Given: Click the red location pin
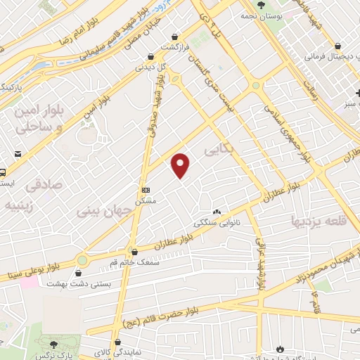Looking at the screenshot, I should pos(181,165).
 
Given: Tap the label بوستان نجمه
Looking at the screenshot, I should pos(260,15).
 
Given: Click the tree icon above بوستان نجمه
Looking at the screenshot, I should pos(261,4).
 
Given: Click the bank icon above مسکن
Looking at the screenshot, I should pos(146,191).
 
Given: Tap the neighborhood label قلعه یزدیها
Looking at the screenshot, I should pos(320,221).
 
